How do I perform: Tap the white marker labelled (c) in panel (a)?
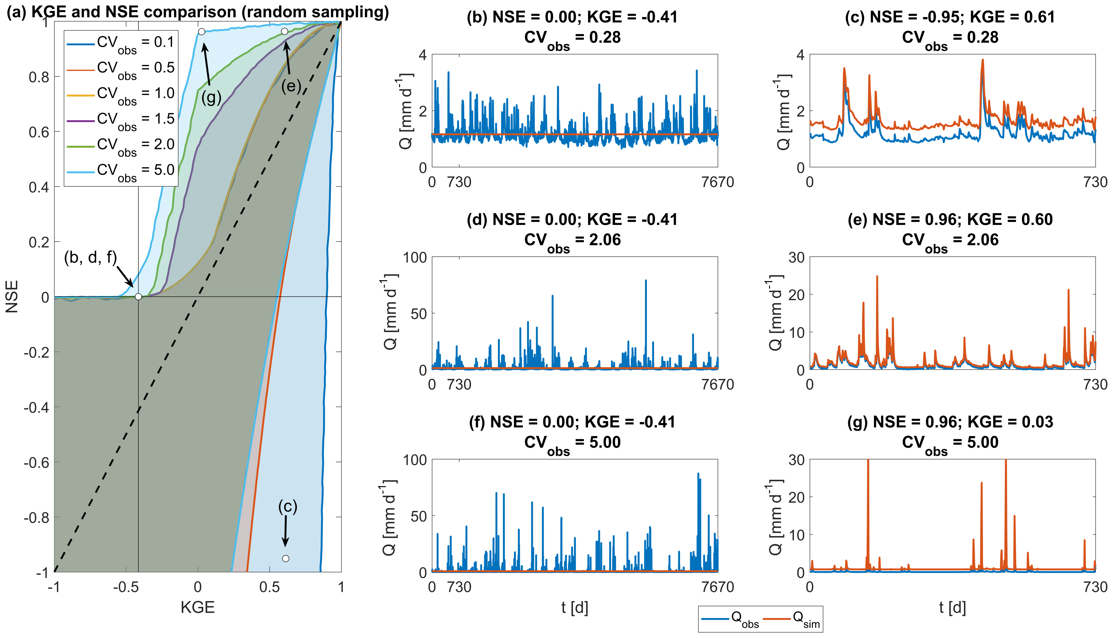(285, 558)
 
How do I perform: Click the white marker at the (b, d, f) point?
(138, 297)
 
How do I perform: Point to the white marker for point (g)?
(201, 32)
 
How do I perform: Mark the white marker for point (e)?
(285, 31)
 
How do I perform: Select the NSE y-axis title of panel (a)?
(12, 297)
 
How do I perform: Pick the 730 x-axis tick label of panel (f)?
(459, 587)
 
